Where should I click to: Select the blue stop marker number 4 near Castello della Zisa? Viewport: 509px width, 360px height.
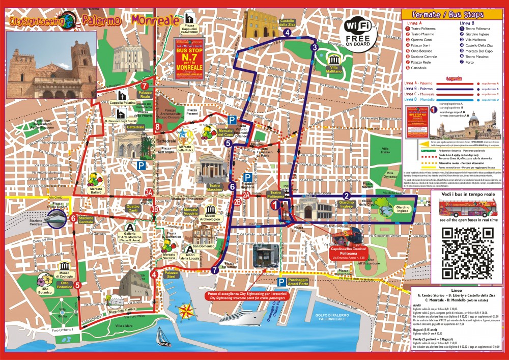pyautogui.click(x=288, y=33)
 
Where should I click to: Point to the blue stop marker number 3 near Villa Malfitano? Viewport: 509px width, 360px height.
pyautogui.click(x=315, y=48)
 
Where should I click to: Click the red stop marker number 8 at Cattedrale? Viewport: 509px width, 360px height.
pyautogui.click(x=158, y=127)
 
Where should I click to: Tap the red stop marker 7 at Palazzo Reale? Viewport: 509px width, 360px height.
pyautogui.click(x=145, y=87)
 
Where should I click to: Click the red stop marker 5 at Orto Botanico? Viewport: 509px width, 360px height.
pyautogui.click(x=77, y=285)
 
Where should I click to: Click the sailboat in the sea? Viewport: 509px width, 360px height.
pyautogui.click(x=162, y=335)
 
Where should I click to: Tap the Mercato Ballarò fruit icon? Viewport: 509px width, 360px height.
pyautogui.click(x=95, y=179)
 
